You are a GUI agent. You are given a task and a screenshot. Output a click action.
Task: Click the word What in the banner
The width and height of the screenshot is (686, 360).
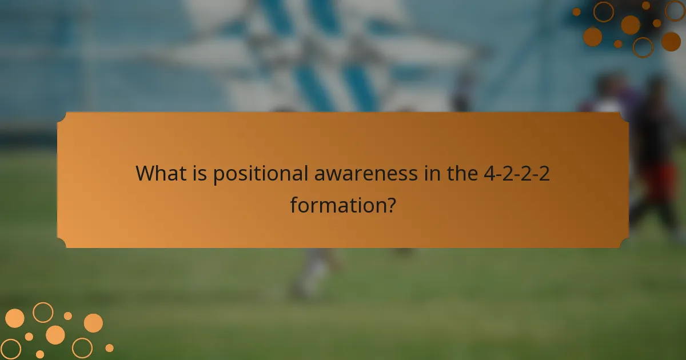161,173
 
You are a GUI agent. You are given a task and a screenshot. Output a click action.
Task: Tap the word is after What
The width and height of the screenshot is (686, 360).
200,173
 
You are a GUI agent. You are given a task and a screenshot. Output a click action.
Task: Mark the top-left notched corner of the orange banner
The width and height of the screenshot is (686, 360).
62,117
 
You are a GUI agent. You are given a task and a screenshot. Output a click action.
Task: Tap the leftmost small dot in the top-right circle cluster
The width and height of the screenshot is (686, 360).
576,12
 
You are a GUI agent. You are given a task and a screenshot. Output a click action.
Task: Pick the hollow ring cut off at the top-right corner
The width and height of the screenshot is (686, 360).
675,10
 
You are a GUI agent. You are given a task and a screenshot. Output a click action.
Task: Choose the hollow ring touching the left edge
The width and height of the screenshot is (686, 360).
10,349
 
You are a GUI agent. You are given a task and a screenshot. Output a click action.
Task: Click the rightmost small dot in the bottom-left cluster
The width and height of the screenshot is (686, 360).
109,347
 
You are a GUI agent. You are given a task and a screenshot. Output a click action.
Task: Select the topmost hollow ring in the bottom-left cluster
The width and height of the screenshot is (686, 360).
43,312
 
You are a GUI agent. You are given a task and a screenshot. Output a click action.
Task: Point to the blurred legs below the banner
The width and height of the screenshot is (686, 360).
312,271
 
